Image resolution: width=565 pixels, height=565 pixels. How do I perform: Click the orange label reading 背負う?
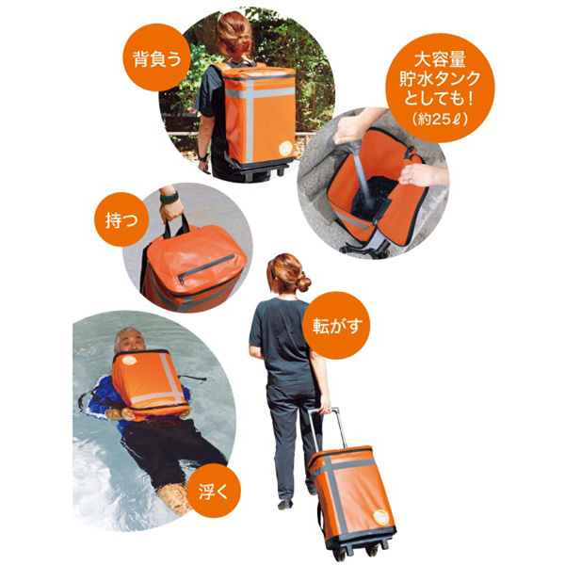tap(156, 57)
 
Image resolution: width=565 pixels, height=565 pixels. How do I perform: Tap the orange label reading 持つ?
tap(121, 219)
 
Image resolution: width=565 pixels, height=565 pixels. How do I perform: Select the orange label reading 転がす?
tap(336, 326)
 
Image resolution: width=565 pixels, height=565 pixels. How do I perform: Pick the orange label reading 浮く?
tap(214, 491)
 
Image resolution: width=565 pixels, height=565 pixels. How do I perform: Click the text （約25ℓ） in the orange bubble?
tap(440, 120)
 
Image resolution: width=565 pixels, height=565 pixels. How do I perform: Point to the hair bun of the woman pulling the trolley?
tap(304, 282)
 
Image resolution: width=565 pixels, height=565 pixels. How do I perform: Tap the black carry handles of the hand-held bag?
tap(177, 226)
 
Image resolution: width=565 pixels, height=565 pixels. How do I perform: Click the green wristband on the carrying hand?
tap(169, 198)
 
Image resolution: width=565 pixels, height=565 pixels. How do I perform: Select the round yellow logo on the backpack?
tap(287, 148)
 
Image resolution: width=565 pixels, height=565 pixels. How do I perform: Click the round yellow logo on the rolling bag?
tap(381, 518)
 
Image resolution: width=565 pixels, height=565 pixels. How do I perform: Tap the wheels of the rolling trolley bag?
tap(355, 552)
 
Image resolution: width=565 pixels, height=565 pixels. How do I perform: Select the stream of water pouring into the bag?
tap(363, 178)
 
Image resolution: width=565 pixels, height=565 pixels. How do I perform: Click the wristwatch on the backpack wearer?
tap(202, 157)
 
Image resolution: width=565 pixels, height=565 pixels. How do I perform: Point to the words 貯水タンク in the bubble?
tap(440, 79)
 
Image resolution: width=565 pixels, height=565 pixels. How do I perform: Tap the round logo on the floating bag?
tap(128, 360)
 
